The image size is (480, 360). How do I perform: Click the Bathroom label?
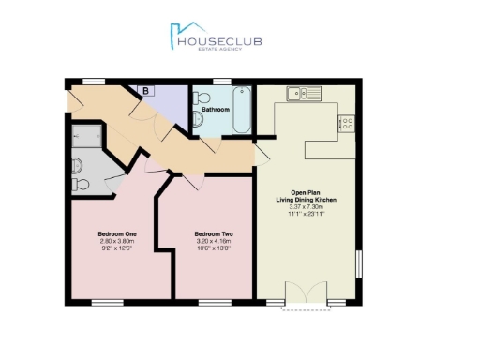coord(216,110)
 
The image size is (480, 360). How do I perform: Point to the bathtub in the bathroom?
coord(242,110)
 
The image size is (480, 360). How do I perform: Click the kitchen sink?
coord(301,93)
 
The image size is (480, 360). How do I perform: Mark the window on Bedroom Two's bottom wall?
coord(215,302)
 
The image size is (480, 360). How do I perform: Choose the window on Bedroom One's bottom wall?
coord(108,302)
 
